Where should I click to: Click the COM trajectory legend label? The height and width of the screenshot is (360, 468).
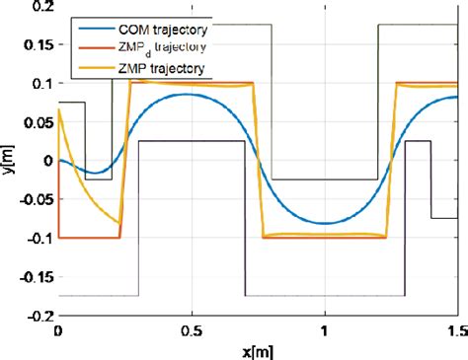[165, 30]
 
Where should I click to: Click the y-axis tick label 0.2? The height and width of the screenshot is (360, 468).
[40, 7]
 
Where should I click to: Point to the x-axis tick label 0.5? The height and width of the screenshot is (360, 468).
[192, 331]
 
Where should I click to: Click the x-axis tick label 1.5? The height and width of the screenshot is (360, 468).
[455, 331]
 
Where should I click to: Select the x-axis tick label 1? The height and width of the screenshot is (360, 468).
[325, 331]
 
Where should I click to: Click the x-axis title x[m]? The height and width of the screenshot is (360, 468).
[258, 350]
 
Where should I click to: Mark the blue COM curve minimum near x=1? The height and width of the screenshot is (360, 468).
[324, 224]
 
